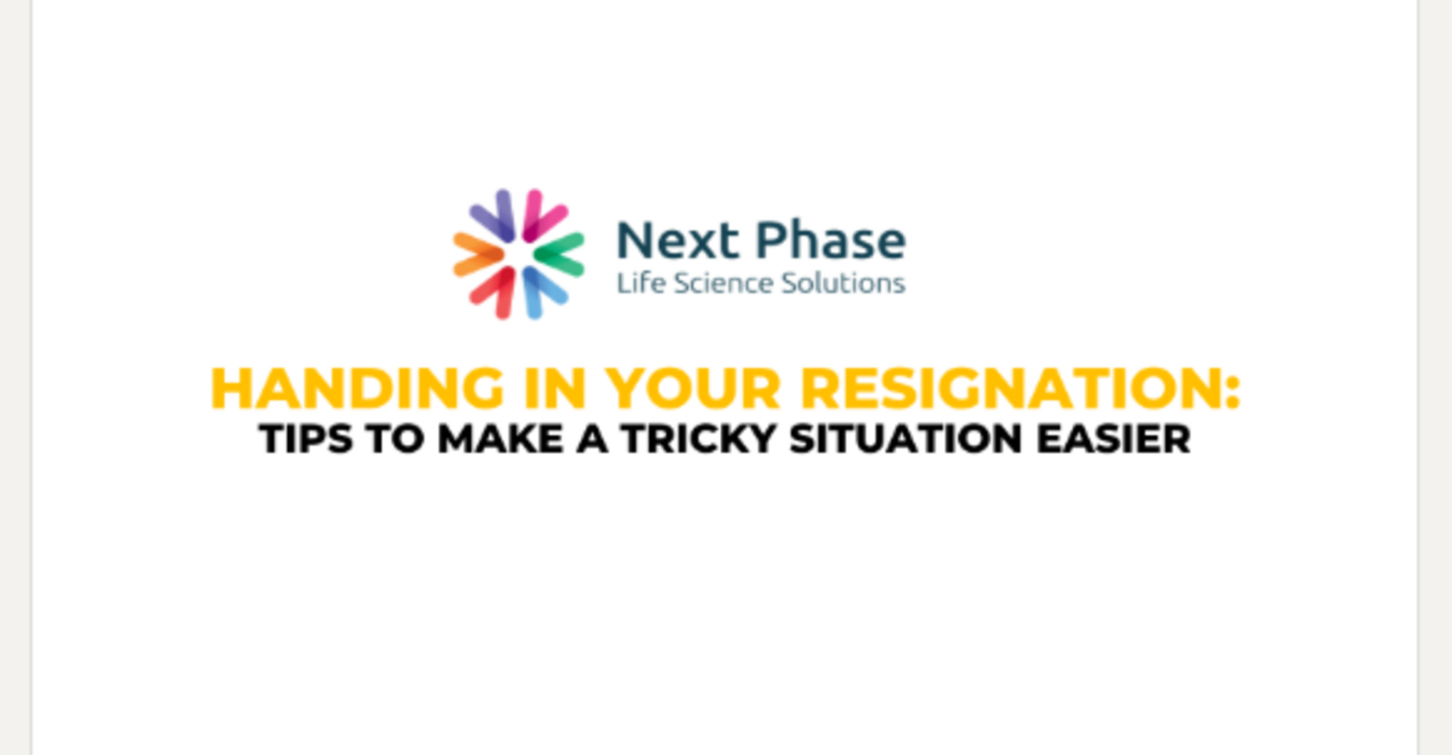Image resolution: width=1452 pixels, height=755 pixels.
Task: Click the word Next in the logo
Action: click(x=678, y=241)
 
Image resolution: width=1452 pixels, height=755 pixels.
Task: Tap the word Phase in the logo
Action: click(x=830, y=241)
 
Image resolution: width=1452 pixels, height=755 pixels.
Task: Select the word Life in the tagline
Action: click(x=641, y=283)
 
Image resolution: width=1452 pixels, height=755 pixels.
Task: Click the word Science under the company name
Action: click(x=722, y=283)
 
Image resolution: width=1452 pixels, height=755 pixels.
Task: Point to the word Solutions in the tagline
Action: click(x=842, y=283)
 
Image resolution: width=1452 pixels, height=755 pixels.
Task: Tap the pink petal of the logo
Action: click(x=544, y=216)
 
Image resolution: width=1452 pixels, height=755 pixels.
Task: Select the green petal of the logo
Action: click(x=559, y=254)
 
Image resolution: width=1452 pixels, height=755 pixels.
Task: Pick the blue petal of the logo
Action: click(x=543, y=292)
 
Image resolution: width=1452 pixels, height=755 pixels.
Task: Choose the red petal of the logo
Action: click(x=493, y=293)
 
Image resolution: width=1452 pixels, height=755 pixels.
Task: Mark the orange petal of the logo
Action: click(x=478, y=254)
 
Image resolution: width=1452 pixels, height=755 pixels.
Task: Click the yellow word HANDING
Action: click(x=357, y=389)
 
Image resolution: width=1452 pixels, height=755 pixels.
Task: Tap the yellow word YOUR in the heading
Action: click(x=693, y=389)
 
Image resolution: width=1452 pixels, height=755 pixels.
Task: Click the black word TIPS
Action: click(x=306, y=439)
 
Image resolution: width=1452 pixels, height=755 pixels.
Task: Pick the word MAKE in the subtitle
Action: click(x=501, y=439)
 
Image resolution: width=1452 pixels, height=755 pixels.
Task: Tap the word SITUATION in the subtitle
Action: click(x=905, y=439)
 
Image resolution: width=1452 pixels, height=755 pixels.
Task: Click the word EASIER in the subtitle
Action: click(x=1113, y=439)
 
